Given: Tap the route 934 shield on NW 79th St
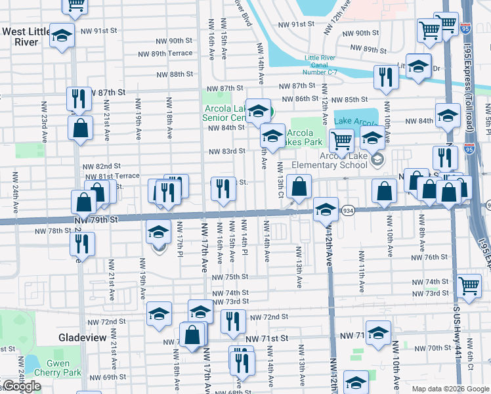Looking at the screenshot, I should (x=348, y=211).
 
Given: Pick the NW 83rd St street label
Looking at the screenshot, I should (x=226, y=151).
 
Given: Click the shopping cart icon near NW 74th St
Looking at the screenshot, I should (x=469, y=286).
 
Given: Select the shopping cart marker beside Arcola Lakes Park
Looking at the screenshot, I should (x=341, y=140).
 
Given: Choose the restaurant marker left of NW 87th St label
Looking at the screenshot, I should (x=79, y=98).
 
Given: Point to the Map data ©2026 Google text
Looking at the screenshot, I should (x=450, y=389).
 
